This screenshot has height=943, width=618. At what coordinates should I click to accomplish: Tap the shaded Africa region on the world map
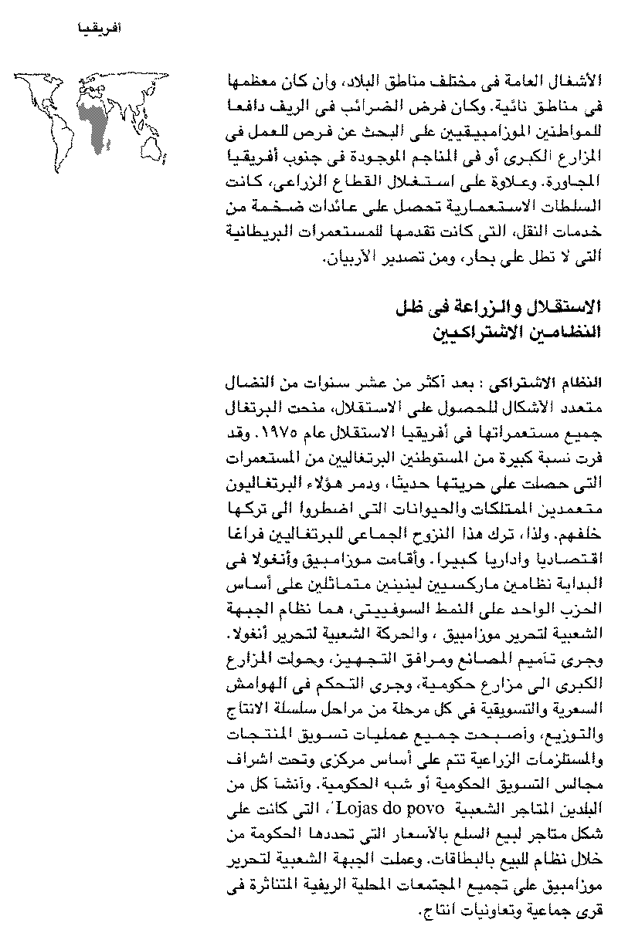click(96, 119)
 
